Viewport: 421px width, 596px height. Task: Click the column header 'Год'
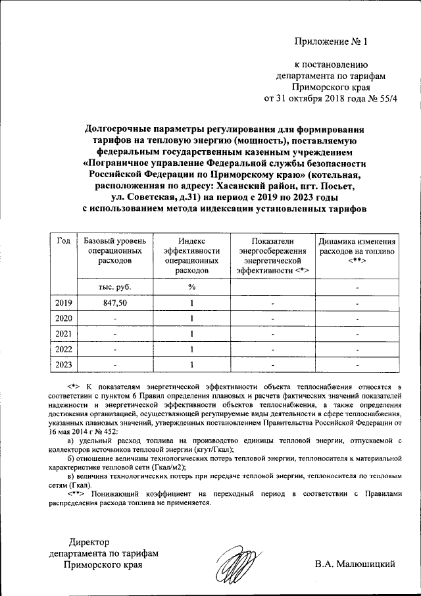[x=64, y=241]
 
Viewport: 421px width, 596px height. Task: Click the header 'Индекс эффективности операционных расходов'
[x=191, y=256]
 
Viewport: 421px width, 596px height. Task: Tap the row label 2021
[x=64, y=333]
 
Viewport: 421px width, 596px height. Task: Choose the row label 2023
[x=64, y=364]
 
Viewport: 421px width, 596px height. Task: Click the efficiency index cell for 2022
[x=191, y=348]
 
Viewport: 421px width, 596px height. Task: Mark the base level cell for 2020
[x=114, y=319]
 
